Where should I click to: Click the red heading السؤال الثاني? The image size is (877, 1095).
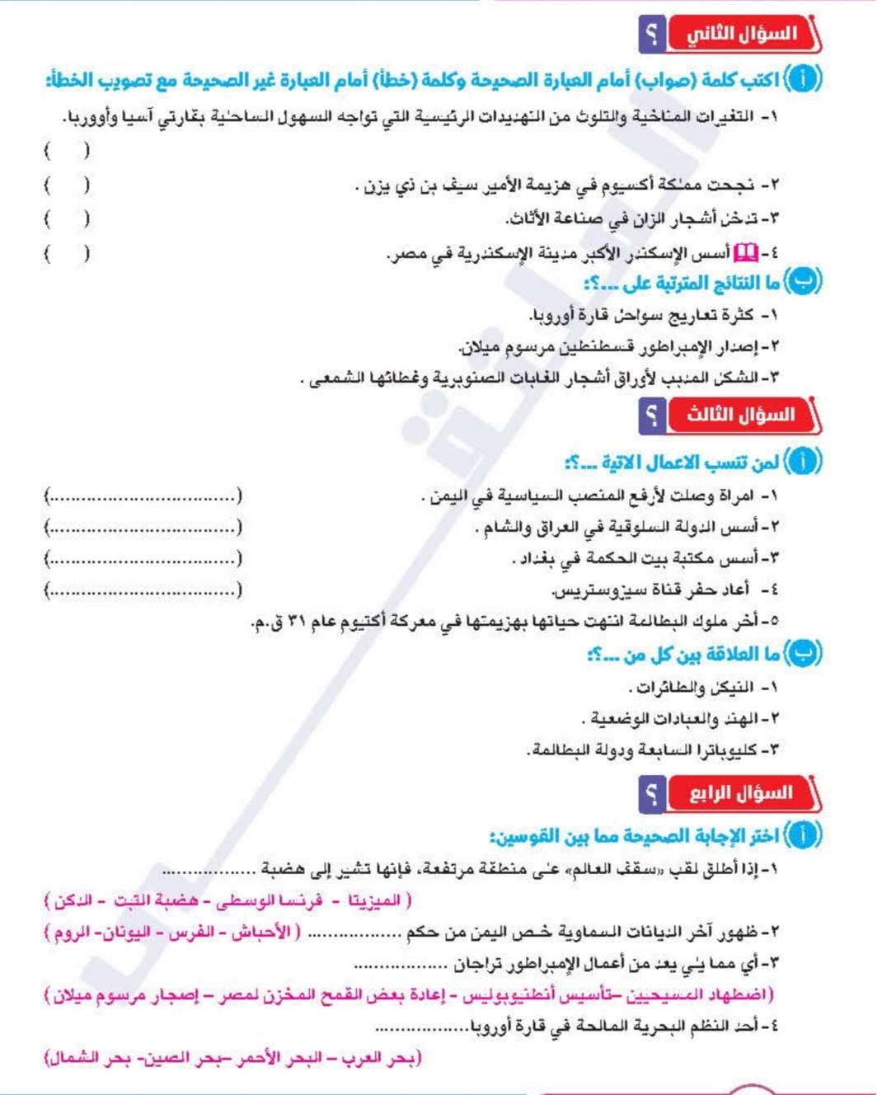click(742, 35)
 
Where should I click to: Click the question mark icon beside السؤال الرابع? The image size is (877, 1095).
click(652, 794)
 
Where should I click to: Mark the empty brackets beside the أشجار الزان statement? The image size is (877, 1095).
click(67, 219)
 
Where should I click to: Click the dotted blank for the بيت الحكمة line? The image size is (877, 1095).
click(143, 559)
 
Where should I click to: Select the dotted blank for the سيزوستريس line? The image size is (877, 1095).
click(143, 590)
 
